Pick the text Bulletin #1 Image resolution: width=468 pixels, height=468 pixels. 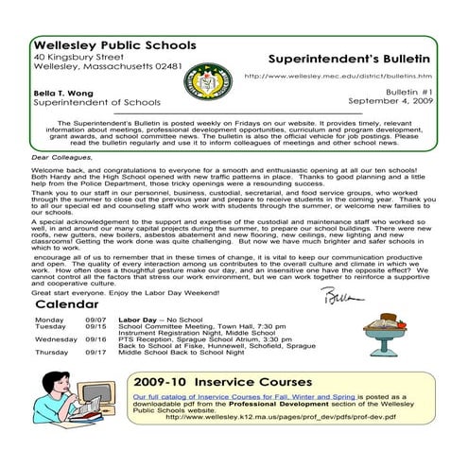click(x=407, y=93)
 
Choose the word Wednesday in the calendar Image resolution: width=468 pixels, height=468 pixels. click(x=56, y=338)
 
